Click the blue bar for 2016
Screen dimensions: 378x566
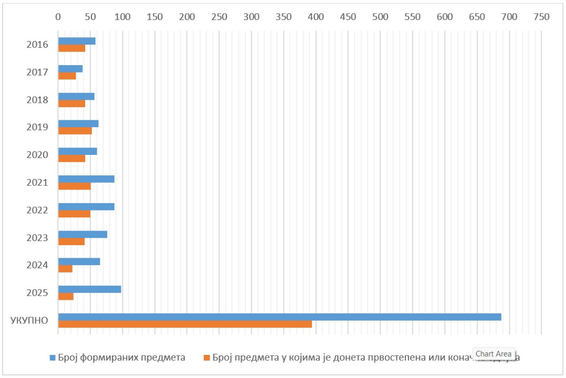77,41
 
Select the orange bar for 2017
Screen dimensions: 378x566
67,76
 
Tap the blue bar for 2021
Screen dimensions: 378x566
86,179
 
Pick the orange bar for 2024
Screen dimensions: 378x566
65,269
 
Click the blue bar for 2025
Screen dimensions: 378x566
89,289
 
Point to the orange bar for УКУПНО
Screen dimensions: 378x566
185,324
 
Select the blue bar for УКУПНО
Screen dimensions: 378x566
279,317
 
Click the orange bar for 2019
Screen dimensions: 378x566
75,131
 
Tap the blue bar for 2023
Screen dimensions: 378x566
82,234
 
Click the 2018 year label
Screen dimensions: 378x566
37,100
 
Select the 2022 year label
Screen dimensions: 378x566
37,210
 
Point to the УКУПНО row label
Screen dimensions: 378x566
29,320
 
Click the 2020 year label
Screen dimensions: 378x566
37,155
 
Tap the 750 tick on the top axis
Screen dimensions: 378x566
541,17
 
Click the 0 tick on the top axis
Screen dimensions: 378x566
58,17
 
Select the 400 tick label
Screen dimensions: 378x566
316,17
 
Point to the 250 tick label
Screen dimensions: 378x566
219,17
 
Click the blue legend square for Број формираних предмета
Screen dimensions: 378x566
53,358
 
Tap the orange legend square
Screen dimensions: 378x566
207,358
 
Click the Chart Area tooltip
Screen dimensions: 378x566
494,354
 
